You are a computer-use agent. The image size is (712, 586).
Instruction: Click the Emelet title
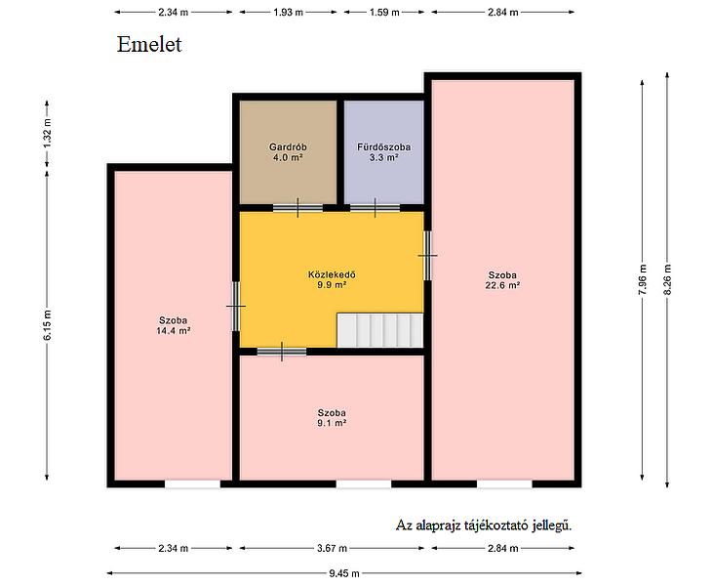(x=149, y=45)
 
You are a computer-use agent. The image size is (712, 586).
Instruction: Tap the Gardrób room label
(x=288, y=146)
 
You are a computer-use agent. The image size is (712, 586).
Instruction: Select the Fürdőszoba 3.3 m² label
(x=383, y=152)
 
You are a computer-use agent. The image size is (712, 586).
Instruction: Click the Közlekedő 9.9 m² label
(x=332, y=279)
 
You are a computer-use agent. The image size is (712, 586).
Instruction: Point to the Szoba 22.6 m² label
(x=502, y=280)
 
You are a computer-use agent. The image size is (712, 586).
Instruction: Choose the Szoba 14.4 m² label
(x=173, y=325)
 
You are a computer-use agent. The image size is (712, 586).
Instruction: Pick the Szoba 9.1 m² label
(x=332, y=418)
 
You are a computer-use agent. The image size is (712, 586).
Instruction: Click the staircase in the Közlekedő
(x=379, y=330)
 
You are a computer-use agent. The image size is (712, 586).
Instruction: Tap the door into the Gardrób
(x=297, y=208)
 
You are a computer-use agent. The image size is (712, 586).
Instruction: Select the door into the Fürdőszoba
(x=376, y=208)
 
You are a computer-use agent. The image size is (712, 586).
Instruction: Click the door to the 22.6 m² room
(x=428, y=256)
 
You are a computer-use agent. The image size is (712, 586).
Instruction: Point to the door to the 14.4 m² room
(x=236, y=307)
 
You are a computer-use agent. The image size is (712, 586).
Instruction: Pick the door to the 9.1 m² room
(x=282, y=352)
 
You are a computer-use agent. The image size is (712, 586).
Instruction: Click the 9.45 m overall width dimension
(x=344, y=573)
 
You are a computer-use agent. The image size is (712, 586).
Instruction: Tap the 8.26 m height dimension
(x=667, y=279)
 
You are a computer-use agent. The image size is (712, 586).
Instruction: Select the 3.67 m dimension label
(x=332, y=548)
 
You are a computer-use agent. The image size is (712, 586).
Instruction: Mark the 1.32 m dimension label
(x=47, y=133)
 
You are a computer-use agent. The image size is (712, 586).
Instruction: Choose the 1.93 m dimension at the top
(x=288, y=13)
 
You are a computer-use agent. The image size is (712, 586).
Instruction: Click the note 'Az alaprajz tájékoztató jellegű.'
(x=484, y=525)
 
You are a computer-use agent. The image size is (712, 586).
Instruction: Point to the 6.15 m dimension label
(x=47, y=324)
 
